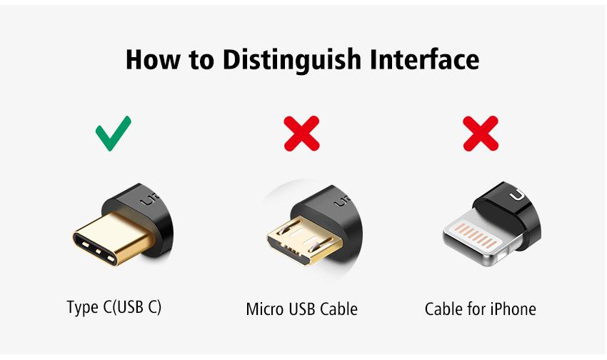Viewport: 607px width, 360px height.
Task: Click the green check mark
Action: pos(113,134)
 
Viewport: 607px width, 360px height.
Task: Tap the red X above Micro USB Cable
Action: pos(301,133)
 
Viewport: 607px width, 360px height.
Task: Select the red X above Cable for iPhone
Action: pos(481,133)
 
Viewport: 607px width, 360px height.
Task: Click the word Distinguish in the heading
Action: pos(292,61)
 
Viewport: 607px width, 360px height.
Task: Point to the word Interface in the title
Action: pos(425,59)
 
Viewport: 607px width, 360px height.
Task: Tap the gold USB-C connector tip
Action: pos(112,239)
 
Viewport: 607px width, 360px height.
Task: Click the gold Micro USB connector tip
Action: pos(304,240)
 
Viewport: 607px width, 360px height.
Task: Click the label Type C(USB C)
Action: pos(114,307)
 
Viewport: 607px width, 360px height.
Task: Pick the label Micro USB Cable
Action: pos(301,309)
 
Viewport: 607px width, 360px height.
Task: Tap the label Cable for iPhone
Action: pos(480,309)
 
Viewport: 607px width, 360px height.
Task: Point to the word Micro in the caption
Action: pos(264,309)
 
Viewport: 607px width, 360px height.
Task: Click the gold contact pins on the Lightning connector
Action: pos(476,235)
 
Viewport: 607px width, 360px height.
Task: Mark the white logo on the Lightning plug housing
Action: pos(518,196)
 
